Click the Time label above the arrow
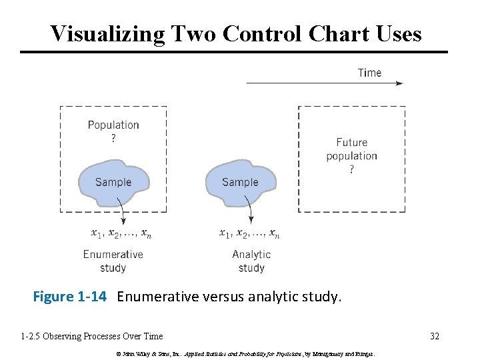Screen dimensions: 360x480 369,72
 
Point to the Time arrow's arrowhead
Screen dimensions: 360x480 400,83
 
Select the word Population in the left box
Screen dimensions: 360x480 113,125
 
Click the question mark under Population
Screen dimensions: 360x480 113,139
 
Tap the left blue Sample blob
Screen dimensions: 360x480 113,182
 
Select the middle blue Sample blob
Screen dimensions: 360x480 240,182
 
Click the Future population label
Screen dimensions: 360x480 351,149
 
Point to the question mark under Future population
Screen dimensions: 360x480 352,170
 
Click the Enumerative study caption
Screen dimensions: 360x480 113,261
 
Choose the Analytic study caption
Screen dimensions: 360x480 251,261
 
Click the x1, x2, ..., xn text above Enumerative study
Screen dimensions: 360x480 121,233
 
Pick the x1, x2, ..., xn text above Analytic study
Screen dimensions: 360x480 249,233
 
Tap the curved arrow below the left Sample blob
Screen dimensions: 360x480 122,213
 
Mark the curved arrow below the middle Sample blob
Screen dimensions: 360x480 249,213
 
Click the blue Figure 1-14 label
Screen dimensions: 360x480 69,297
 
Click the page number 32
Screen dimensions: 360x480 435,336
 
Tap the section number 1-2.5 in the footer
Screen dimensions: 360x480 33,336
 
